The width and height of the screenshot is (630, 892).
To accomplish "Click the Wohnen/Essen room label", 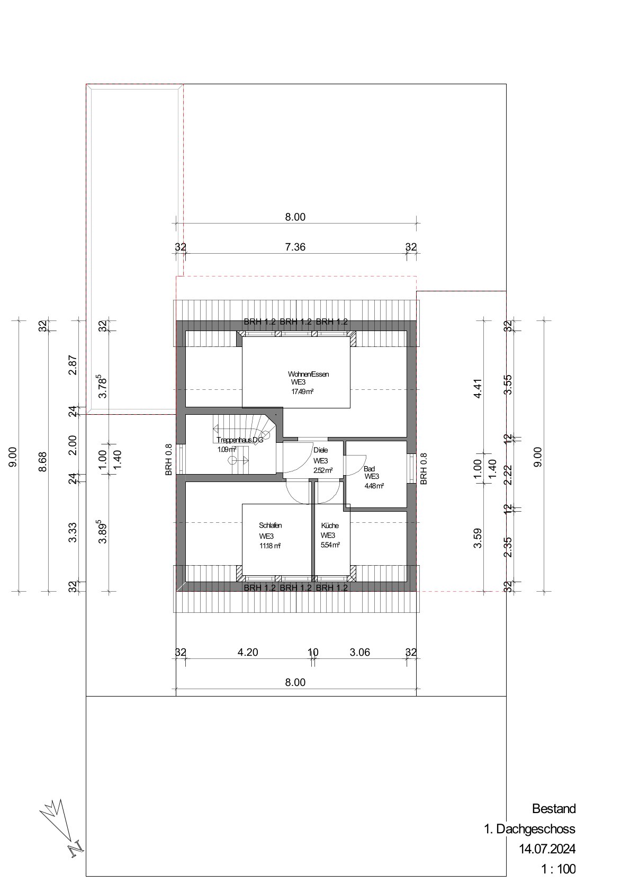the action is point(309,374).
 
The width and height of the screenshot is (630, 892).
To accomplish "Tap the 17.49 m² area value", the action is point(302,392).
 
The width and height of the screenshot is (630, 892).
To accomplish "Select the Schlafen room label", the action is point(270,525).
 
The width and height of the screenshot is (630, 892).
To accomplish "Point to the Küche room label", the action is point(330,525).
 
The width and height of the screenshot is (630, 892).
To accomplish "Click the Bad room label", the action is point(370,469).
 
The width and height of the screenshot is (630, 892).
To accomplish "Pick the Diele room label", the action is point(321,450).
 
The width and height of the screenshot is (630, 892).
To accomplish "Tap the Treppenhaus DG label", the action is point(240,440).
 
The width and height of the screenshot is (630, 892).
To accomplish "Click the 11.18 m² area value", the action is point(270,546).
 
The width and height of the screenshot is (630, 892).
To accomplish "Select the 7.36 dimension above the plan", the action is point(295,247).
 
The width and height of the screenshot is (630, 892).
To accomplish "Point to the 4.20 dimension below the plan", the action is point(248,652).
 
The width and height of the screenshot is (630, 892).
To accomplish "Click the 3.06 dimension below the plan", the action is point(360,652).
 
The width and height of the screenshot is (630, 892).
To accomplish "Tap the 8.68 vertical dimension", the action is point(43,461).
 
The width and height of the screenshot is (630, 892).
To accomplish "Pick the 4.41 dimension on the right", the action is point(478,388).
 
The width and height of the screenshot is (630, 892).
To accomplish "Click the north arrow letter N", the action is point(76,850).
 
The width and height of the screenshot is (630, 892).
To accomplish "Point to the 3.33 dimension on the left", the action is point(73,532).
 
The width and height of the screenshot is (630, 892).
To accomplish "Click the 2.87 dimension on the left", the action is point(73,365).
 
